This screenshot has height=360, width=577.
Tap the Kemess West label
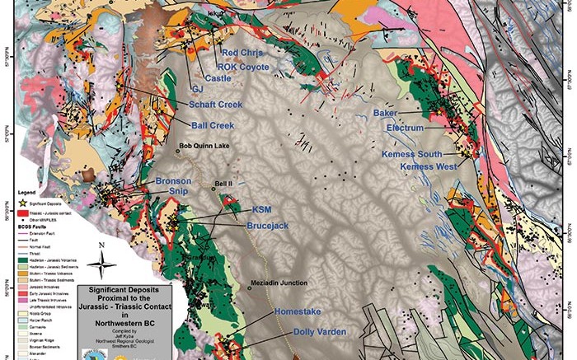point(429,167)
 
